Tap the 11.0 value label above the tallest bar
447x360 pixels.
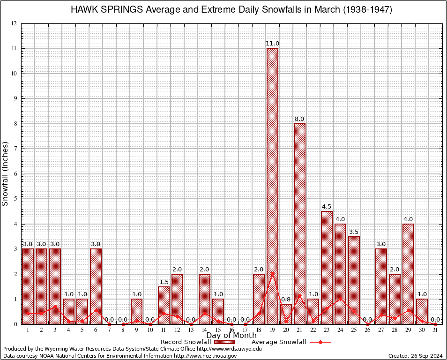coord(272,44)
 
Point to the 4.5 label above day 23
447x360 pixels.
coord(327,207)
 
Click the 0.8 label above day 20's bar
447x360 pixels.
coord(286,299)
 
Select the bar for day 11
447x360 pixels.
coord(164,305)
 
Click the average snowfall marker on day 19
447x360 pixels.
coord(272,274)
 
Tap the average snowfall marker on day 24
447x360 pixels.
coord(340,299)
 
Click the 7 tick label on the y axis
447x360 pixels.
coord(15,149)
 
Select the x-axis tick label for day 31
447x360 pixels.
coord(435,330)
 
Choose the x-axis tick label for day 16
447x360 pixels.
coord(231,330)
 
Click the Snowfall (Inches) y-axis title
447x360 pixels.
coord(5,173)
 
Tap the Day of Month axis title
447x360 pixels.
coord(231,336)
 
